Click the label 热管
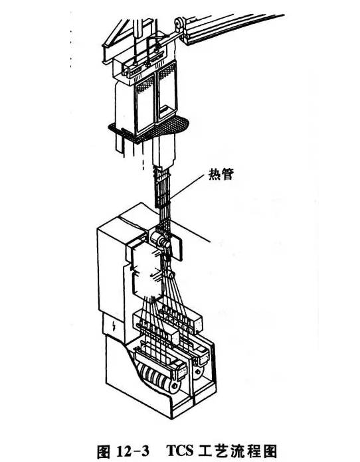tap(221, 174)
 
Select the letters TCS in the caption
tap(179, 451)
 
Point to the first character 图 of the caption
tap(104, 451)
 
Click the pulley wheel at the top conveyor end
tap(179, 24)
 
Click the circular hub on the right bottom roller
tap(197, 371)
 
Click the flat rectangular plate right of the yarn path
tap(177, 246)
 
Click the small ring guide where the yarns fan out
tap(171, 275)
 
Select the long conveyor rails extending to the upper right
tap(233, 27)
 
